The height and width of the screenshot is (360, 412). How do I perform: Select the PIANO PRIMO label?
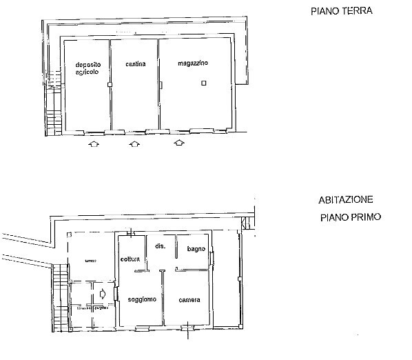(x=351, y=217)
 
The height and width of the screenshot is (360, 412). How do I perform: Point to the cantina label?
(x=135, y=65)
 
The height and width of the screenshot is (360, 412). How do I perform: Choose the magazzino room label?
(x=192, y=63)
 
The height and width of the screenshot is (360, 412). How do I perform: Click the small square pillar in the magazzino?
(x=203, y=83)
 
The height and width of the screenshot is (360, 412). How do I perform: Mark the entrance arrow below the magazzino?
(x=180, y=143)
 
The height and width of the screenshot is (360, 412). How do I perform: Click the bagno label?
(x=196, y=248)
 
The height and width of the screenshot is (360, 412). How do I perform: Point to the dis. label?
(x=159, y=246)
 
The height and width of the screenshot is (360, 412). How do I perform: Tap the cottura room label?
(x=130, y=259)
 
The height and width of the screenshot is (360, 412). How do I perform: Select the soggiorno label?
(x=142, y=299)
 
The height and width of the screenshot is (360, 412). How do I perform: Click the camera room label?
(x=189, y=299)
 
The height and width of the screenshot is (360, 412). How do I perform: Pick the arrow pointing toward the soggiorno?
(x=103, y=294)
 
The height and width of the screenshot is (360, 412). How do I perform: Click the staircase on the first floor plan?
(x=61, y=297)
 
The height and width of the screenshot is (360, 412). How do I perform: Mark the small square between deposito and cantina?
(x=110, y=84)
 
